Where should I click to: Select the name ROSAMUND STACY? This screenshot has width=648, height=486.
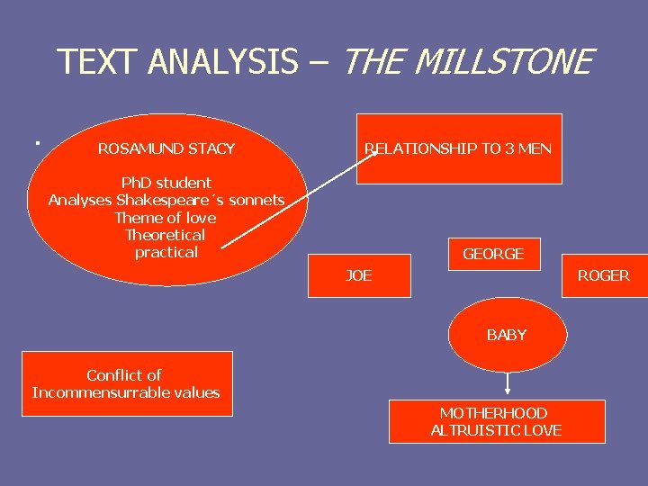166,148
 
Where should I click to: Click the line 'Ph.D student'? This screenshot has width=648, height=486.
166,183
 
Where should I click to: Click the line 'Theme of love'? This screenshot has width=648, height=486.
166,218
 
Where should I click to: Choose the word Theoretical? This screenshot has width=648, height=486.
166,235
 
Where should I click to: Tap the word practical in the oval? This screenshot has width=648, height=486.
166,252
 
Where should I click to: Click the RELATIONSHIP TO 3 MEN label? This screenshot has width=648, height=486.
458,148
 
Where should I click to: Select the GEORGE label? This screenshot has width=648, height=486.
493,254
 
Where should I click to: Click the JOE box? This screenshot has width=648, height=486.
359,275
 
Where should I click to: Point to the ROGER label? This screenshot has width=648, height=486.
603,275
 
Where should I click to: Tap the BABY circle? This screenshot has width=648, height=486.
507,335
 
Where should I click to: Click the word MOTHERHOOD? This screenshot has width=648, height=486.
493,413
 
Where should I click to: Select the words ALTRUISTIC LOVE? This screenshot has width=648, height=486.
496,430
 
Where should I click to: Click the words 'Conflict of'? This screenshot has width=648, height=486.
124,375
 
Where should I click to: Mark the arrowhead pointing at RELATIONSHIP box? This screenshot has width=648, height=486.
376,156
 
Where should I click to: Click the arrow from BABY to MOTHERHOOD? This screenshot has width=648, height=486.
508,382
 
